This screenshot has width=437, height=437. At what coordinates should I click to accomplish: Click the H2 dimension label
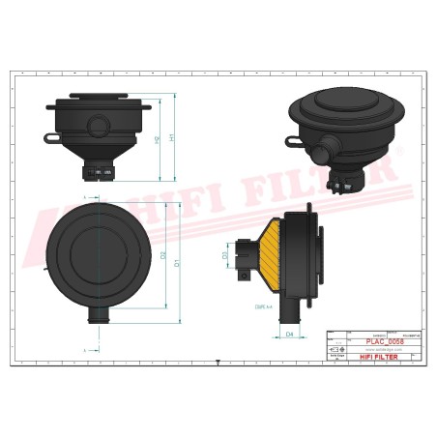158,141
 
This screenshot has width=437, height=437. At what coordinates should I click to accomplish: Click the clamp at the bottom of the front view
98,174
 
